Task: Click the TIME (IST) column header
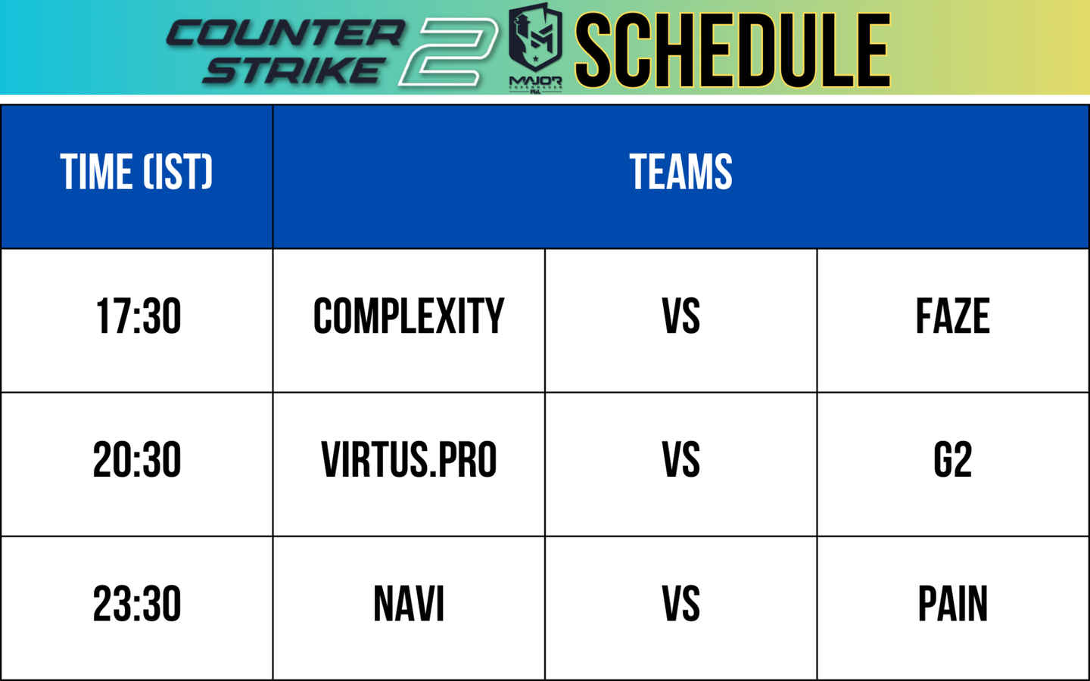pos(136,172)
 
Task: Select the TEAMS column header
pos(680,172)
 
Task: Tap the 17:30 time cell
pos(138,316)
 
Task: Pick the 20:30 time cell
pos(137,460)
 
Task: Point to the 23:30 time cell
pos(137,605)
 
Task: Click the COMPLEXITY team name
pos(409,316)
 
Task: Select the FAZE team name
pos(952,316)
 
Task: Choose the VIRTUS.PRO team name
pos(409,460)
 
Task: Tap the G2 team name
pos(952,460)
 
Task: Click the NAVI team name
pos(409,605)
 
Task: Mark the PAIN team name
pos(952,605)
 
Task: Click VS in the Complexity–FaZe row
pos(680,316)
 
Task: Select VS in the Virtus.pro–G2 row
pos(680,460)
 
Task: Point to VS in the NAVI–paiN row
pos(680,605)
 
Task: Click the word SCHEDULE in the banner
pos(732,50)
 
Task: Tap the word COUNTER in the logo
pos(285,33)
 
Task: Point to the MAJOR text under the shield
pos(535,80)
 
